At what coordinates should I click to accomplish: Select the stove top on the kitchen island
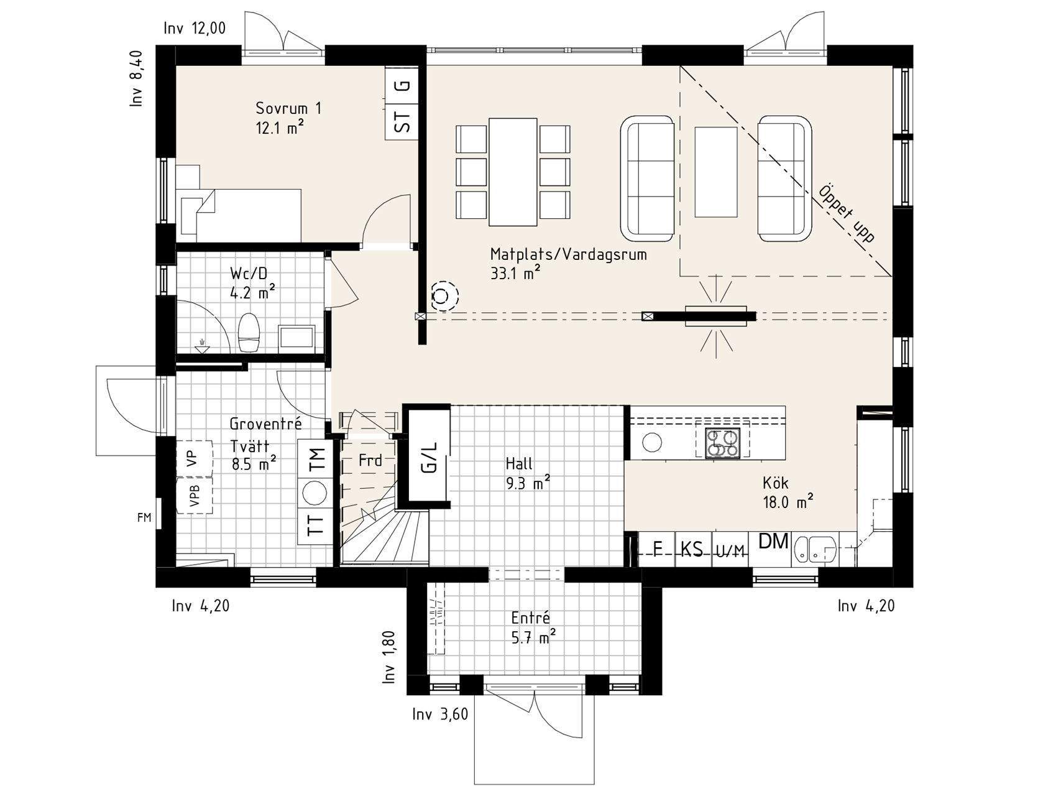point(722,443)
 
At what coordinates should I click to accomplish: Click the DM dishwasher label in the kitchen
point(773,541)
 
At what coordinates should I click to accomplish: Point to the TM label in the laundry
point(317,459)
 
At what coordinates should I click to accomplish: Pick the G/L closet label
point(429,458)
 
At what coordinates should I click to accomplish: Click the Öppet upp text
point(847,213)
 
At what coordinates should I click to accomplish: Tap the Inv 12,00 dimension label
point(195,28)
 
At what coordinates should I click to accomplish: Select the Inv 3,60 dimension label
point(440,715)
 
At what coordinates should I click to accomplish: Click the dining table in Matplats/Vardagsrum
point(513,172)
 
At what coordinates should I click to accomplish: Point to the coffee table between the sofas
point(716,172)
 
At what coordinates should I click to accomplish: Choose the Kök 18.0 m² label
point(788,493)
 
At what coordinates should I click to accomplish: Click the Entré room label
point(530,618)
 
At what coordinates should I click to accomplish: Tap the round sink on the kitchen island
point(653,443)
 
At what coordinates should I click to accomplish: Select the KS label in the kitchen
point(692,550)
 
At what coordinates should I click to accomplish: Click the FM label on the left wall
point(144,517)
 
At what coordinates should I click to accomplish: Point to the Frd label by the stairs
point(370,461)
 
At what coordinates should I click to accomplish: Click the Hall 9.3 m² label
point(527,473)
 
